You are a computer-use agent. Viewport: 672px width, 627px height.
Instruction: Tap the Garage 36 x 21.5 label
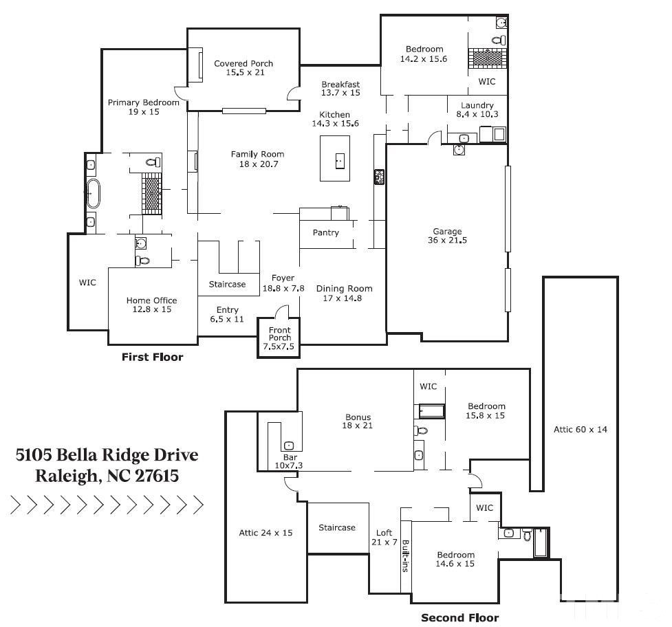(x=447, y=236)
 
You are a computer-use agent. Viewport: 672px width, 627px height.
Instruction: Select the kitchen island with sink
(x=335, y=159)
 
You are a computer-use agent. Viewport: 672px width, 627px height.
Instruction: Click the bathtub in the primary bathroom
(x=91, y=194)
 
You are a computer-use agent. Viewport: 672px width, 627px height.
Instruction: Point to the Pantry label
(x=326, y=233)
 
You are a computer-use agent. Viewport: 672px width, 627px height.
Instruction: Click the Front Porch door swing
(x=280, y=313)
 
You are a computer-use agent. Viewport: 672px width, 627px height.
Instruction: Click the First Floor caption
(x=152, y=357)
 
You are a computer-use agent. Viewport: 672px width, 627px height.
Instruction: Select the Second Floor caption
(x=459, y=617)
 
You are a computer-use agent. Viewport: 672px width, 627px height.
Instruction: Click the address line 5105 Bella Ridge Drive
(x=107, y=455)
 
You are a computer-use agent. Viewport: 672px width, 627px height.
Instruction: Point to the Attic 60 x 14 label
(x=581, y=430)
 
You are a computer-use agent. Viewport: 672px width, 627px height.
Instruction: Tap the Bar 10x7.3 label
(x=290, y=461)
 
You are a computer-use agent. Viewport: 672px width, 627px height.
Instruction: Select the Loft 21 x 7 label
(x=384, y=537)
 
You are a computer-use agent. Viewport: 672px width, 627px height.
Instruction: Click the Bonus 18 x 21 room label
(x=358, y=421)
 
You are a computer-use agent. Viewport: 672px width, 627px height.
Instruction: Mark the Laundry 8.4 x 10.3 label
(x=477, y=110)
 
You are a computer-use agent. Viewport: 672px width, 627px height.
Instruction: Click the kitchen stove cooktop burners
(x=378, y=177)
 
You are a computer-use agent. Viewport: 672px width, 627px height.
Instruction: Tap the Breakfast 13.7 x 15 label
(x=340, y=89)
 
